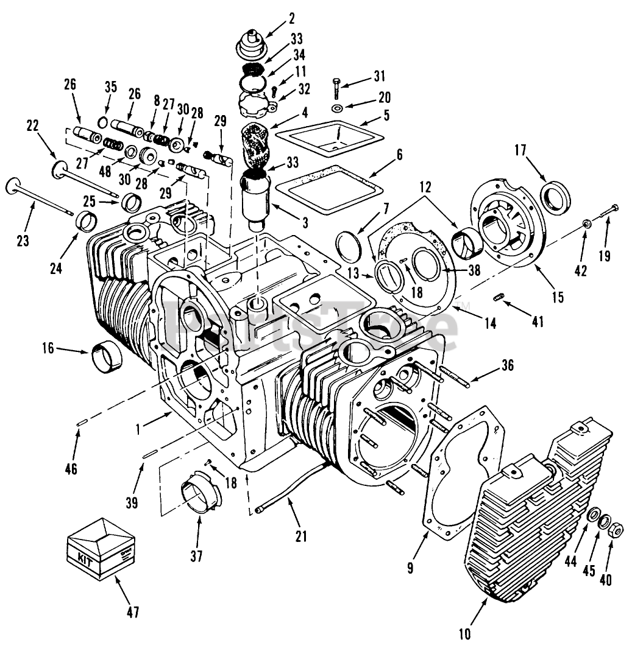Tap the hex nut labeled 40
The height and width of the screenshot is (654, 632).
(616, 530)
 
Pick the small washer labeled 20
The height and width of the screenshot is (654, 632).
(337, 108)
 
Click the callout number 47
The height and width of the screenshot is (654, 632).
(133, 611)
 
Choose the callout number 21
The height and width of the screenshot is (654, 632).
(300, 536)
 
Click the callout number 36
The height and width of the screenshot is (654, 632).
(507, 365)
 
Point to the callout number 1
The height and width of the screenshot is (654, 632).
(138, 428)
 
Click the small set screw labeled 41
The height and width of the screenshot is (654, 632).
(499, 297)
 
